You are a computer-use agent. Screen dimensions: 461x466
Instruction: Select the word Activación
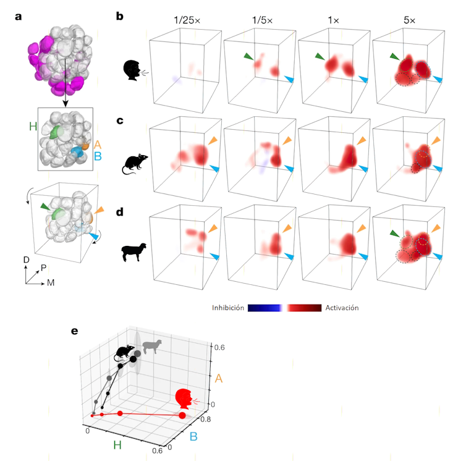[x=342, y=307]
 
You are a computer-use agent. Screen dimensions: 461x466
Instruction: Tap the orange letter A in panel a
[x=97, y=144]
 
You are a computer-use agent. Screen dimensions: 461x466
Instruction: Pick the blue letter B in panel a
[x=97, y=156]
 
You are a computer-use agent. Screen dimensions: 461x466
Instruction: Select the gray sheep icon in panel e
[x=151, y=347]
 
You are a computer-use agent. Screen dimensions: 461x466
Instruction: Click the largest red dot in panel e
[x=182, y=415]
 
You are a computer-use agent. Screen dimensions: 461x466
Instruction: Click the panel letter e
[x=75, y=331]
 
